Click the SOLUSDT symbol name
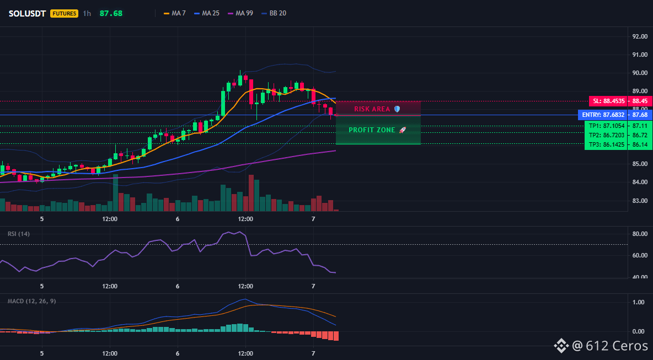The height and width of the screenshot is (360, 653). [27, 13]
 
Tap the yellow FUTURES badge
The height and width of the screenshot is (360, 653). [64, 13]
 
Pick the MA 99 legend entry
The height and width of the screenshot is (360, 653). [240, 13]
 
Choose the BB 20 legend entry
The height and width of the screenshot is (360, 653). [274, 13]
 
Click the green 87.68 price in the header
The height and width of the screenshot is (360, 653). [111, 13]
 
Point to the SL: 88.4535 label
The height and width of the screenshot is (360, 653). [608, 101]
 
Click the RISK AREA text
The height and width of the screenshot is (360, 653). [372, 109]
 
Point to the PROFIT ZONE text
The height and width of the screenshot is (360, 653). [372, 130]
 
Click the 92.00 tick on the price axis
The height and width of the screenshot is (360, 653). [640, 36]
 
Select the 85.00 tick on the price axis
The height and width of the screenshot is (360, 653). [640, 164]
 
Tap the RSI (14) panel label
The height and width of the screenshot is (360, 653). [19, 234]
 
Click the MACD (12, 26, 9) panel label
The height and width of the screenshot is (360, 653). [31, 301]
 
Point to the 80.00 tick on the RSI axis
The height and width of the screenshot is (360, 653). [640, 234]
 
